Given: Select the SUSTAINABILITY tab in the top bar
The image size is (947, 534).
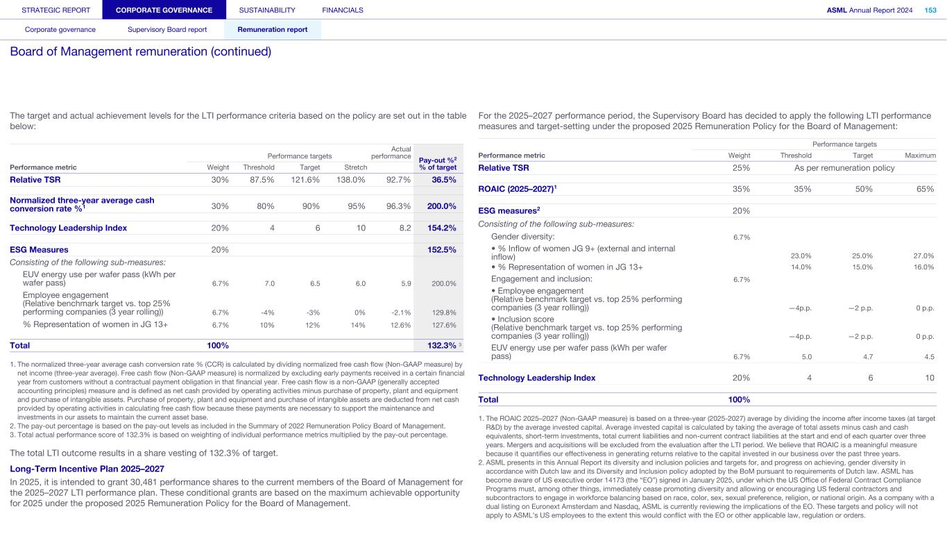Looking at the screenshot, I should pyautogui.click(x=267, y=10).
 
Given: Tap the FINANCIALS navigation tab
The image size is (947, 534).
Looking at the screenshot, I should pyautogui.click(x=343, y=10).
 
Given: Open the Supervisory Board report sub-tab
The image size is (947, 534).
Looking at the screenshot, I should pyautogui.click(x=167, y=30).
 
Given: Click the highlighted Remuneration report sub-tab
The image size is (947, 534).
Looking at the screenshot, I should pyautogui.click(x=273, y=30).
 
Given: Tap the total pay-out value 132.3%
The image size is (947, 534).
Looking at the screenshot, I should pyautogui.click(x=441, y=345).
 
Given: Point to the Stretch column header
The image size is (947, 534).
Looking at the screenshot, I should pyautogui.click(x=356, y=167).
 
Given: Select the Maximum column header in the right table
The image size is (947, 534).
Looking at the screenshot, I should pyautogui.click(x=921, y=156).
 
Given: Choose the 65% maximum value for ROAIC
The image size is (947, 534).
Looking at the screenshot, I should pyautogui.click(x=925, y=189).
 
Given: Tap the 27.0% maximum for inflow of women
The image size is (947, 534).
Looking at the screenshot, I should pyautogui.click(x=923, y=256).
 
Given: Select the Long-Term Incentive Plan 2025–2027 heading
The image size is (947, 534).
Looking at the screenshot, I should pyautogui.click(x=87, y=469).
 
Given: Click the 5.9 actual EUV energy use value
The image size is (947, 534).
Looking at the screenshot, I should pyautogui.click(x=406, y=283).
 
